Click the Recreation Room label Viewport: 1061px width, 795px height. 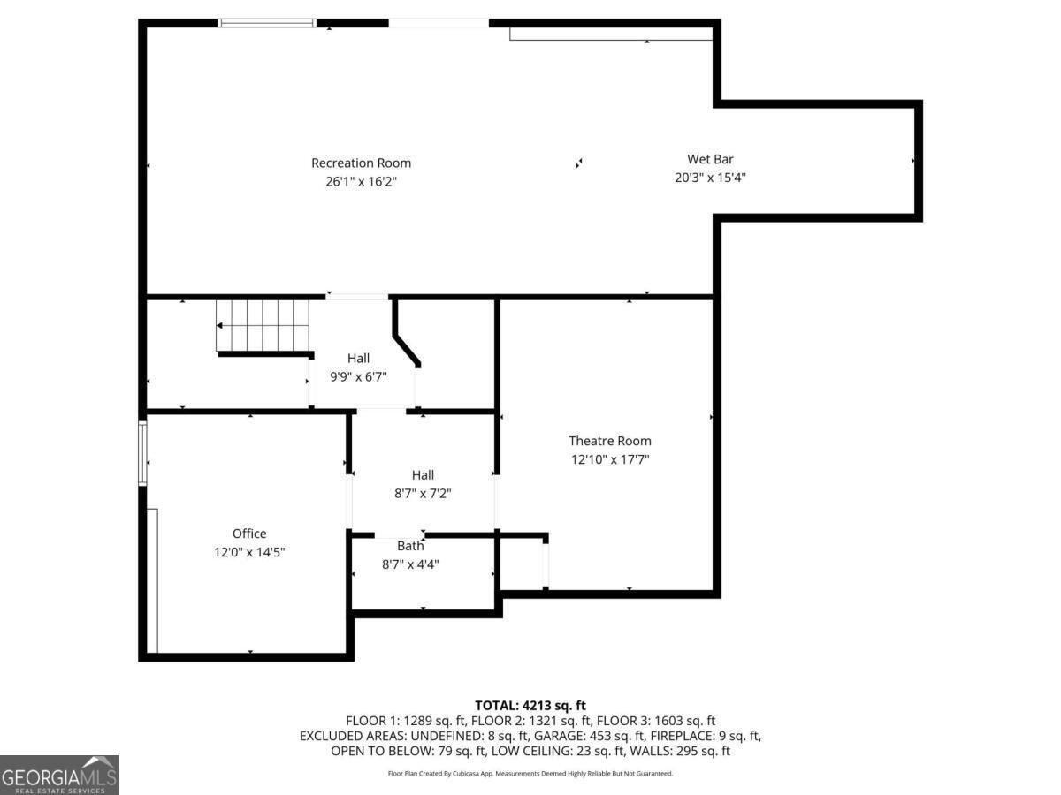(361, 163)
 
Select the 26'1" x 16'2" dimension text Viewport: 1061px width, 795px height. (361, 181)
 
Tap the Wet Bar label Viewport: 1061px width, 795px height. (710, 159)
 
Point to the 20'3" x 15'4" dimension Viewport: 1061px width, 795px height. (710, 177)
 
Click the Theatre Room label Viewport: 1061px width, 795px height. (609, 441)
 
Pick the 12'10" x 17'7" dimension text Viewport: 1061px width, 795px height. (609, 459)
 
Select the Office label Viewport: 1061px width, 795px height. (249, 534)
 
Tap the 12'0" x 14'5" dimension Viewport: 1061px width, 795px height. (249, 552)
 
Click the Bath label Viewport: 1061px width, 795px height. (410, 546)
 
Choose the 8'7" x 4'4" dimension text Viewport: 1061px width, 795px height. (410, 564)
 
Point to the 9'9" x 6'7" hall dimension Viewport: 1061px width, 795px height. (358, 376)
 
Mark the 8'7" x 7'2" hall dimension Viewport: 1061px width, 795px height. (423, 494)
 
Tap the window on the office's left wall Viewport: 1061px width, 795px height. (142, 453)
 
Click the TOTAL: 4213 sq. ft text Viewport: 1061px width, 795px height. (530, 705)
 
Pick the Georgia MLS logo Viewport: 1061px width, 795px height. (59, 775)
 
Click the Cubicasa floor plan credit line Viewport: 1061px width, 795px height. (530, 773)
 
